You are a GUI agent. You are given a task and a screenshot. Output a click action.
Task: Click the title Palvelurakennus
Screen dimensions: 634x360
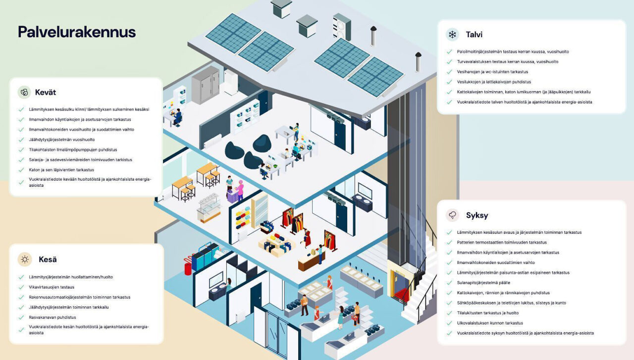(x=77, y=32)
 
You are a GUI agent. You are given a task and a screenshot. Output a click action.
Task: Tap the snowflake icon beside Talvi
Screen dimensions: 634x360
(x=452, y=35)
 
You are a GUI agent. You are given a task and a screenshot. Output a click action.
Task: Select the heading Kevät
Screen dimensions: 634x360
(x=45, y=92)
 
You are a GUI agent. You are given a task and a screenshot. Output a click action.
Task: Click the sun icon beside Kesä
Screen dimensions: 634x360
(x=25, y=259)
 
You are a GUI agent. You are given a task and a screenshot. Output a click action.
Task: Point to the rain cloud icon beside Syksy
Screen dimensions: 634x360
(x=452, y=215)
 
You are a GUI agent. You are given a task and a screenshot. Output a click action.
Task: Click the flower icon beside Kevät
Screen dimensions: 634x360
(x=24, y=92)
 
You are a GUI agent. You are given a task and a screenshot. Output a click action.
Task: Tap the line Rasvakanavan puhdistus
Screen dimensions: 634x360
(x=53, y=317)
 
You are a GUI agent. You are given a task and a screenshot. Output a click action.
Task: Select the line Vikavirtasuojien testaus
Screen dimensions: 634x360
(x=52, y=287)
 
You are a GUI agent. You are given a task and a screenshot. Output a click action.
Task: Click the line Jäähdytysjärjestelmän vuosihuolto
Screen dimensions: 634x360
(x=62, y=140)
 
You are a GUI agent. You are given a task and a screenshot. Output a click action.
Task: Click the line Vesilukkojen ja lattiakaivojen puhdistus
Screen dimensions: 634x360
(x=494, y=82)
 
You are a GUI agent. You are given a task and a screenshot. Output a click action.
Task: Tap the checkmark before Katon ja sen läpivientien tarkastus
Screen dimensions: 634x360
(x=21, y=170)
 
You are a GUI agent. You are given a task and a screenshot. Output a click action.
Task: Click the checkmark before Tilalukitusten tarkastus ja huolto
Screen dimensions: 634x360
(x=449, y=313)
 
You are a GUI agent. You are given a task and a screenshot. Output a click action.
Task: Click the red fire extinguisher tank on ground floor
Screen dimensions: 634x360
(x=188, y=266)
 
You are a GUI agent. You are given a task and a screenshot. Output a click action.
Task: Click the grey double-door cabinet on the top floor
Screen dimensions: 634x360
(x=206, y=85)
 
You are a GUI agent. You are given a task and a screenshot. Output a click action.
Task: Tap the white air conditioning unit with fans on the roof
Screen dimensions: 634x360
(x=342, y=27)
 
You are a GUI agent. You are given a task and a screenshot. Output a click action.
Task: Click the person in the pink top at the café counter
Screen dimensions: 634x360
(x=240, y=190)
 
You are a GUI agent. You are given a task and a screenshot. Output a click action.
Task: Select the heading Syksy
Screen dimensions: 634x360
(x=477, y=215)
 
